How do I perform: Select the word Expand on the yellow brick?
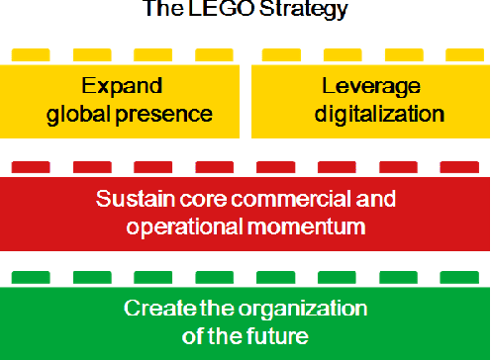[122, 84]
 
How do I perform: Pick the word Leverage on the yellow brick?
[367, 84]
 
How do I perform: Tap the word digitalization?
[379, 113]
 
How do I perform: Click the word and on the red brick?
[375, 199]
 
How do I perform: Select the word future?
[279, 335]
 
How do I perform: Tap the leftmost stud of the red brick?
[30, 166]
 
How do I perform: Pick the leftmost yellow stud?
[30, 54]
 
